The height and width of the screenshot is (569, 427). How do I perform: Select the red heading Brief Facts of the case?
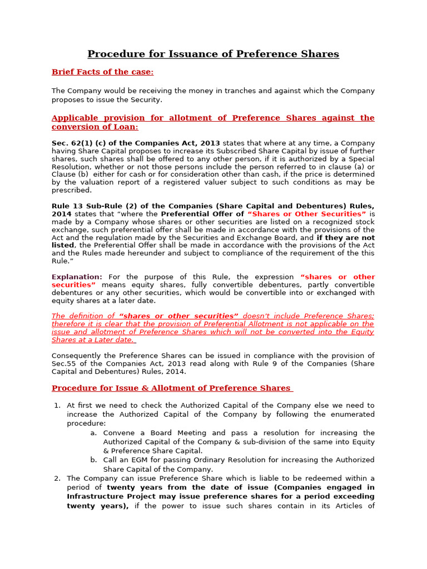pyautogui.click(x=102, y=72)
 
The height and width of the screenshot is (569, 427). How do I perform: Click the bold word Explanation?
pyautogui.click(x=77, y=277)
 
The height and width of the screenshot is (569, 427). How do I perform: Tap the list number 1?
pyautogui.click(x=57, y=406)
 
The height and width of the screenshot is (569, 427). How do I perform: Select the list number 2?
pyautogui.click(x=57, y=478)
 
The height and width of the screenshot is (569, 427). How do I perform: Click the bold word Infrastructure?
pyautogui.click(x=95, y=497)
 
